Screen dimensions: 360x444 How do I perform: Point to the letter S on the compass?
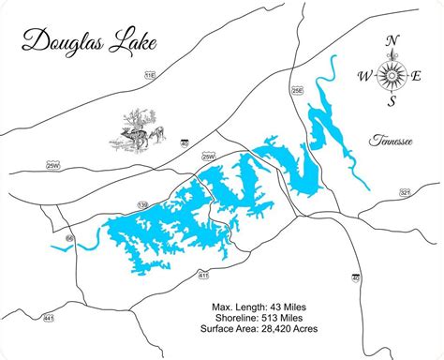(393, 103)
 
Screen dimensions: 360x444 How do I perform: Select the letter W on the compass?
(365, 74)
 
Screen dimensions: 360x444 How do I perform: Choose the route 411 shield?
(203, 275)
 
